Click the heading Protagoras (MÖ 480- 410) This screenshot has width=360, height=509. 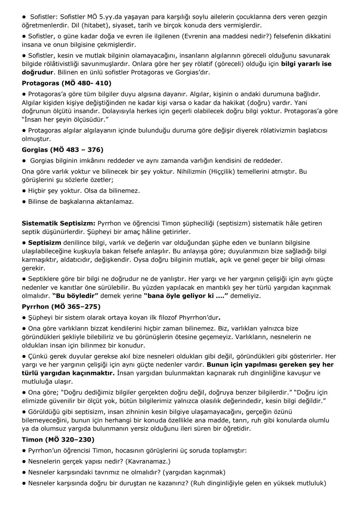[67, 83]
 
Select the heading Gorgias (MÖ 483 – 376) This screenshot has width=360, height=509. [62, 150]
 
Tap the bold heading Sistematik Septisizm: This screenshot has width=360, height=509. [59, 223]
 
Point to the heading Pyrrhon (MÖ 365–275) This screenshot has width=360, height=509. [61, 306]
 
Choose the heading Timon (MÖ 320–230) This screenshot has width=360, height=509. [58, 439]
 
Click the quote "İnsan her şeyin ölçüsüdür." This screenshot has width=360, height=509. [65, 119]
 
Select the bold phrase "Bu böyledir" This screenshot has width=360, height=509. [75, 296]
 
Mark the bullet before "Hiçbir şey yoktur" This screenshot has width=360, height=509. [24, 191]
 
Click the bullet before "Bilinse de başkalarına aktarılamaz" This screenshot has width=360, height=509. [24, 202]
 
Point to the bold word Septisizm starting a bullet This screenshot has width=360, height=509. [45, 243]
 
